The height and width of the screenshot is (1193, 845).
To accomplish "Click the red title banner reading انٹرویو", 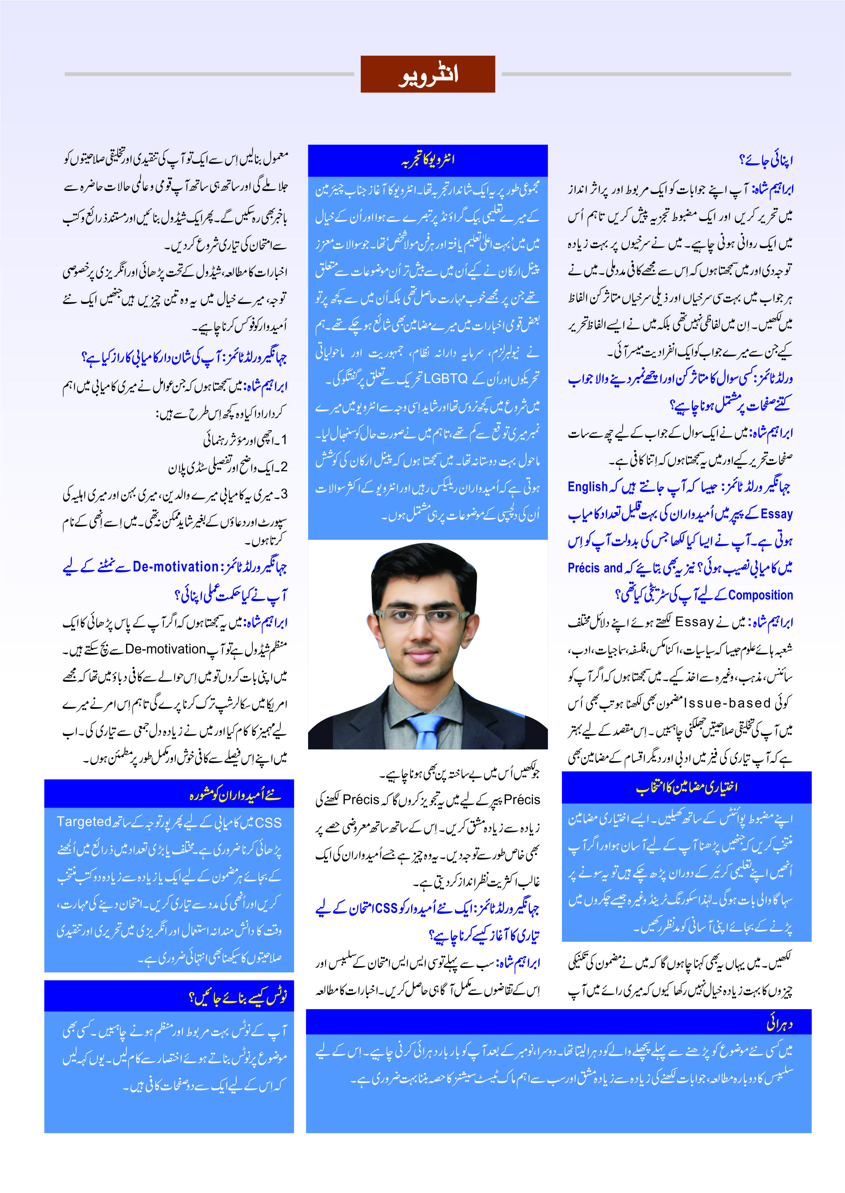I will point(427,74).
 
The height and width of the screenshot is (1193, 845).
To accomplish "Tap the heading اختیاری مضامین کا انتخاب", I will point(686,787).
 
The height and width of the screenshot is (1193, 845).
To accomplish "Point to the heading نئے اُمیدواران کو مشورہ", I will point(235,795).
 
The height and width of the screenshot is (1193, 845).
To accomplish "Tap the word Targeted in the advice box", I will point(84,822).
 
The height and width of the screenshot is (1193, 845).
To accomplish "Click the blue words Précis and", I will point(595,568).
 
